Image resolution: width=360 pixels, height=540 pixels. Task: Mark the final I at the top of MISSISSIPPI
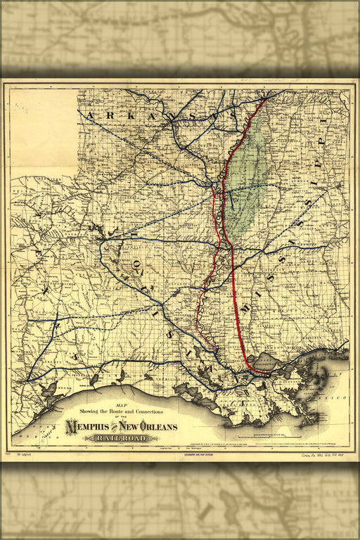point(324,124)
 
